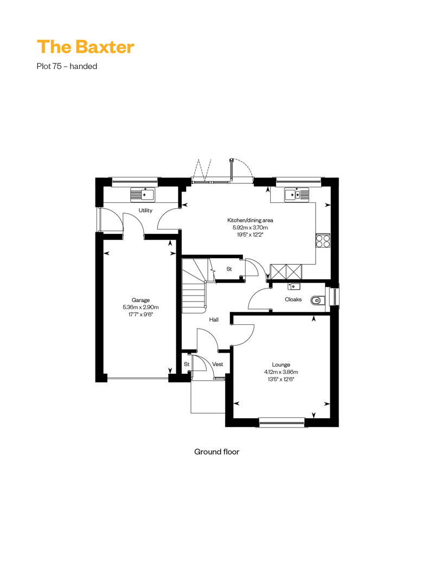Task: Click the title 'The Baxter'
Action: [86, 47]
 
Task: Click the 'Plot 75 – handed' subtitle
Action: [67, 66]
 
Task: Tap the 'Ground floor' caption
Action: [216, 451]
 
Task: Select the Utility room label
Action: [145, 210]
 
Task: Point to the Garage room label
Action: [141, 300]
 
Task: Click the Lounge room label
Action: [280, 365]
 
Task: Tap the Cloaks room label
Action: [293, 299]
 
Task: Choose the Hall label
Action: [214, 320]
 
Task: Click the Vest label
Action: [218, 364]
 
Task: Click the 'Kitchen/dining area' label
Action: [250, 220]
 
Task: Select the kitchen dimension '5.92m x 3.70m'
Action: [250, 227]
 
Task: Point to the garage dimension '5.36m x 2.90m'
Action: [141, 307]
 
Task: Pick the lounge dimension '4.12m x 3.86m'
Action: [280, 372]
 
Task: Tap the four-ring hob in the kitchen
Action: [323, 240]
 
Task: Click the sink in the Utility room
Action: [143, 194]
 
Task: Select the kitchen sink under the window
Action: [297, 195]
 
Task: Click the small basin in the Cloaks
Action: [293, 286]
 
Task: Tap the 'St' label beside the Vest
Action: [187, 364]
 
